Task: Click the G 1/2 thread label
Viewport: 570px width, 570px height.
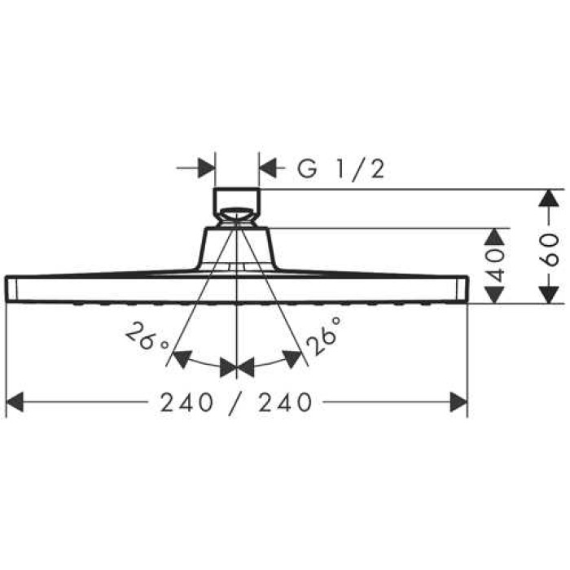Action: [340, 169]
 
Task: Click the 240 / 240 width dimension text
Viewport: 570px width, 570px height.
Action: [236, 401]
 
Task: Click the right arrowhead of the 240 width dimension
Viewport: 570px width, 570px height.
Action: [458, 401]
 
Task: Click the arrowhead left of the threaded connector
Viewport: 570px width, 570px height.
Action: [206, 169]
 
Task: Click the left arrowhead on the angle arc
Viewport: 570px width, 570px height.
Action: [182, 359]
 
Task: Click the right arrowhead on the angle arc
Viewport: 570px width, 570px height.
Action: [291, 359]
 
